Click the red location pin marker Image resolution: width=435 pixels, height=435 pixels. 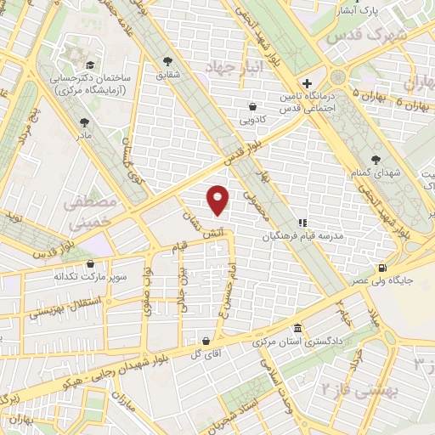tap(218, 199)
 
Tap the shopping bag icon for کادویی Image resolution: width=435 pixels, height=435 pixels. tap(252, 107)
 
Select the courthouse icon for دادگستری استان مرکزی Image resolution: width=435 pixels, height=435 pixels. tap(297, 329)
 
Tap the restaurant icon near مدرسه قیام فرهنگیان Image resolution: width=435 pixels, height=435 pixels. tap(302, 223)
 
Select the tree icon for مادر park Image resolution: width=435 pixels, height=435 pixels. tap(83, 122)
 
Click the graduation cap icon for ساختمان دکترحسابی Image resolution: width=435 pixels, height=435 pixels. tap(88, 65)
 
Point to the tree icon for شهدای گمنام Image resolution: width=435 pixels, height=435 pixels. tap(376, 159)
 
